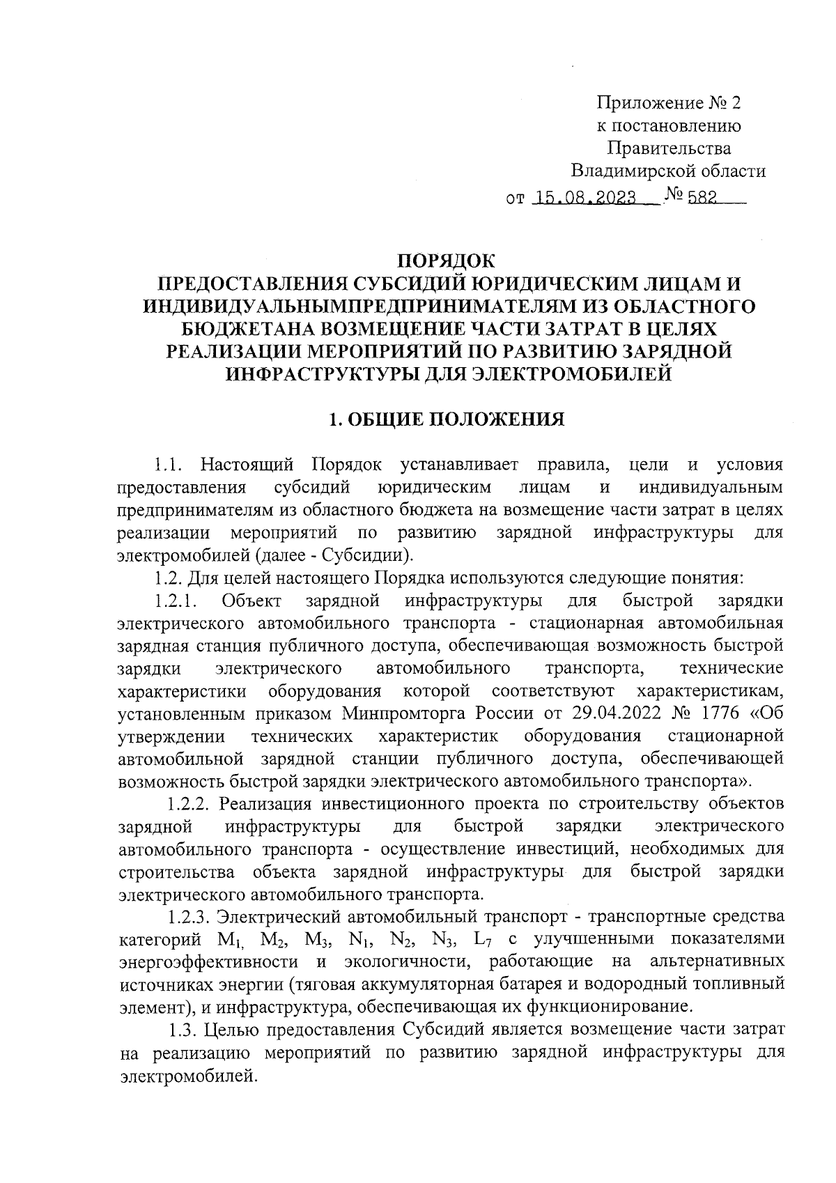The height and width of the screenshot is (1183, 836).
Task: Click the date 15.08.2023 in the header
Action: tap(584, 199)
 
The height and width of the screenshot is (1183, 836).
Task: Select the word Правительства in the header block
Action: tap(669, 148)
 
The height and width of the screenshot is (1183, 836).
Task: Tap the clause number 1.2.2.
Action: tap(189, 803)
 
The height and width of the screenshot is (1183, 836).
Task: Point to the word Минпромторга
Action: tap(406, 713)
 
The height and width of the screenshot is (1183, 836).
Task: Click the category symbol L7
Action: tap(484, 939)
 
